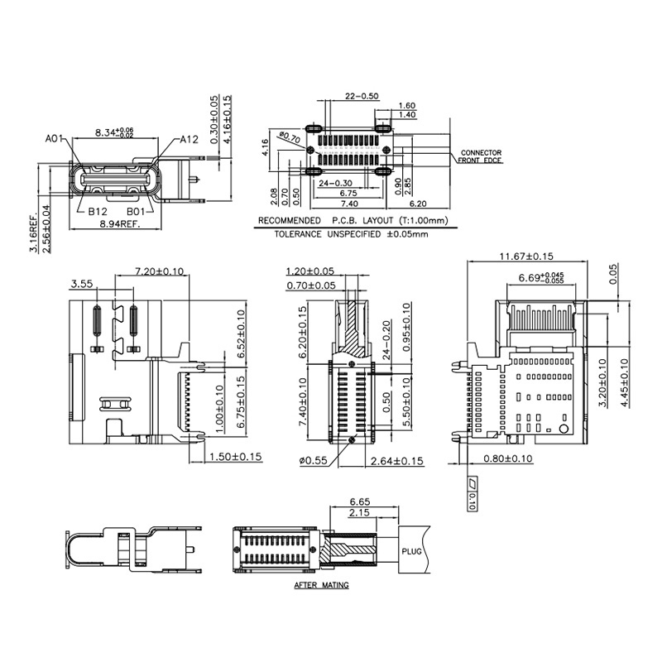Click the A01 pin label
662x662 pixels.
coord(55,138)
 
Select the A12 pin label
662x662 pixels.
coord(190,139)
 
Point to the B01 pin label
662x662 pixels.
coord(137,211)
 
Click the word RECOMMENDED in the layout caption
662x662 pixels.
coord(289,221)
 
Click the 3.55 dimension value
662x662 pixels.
coord(81,284)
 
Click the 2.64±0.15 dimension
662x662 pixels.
coord(397,460)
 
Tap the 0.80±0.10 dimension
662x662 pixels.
coord(508,458)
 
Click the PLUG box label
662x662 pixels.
coord(412,550)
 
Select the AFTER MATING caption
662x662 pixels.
coord(321,585)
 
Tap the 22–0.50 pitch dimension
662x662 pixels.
coord(361,96)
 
